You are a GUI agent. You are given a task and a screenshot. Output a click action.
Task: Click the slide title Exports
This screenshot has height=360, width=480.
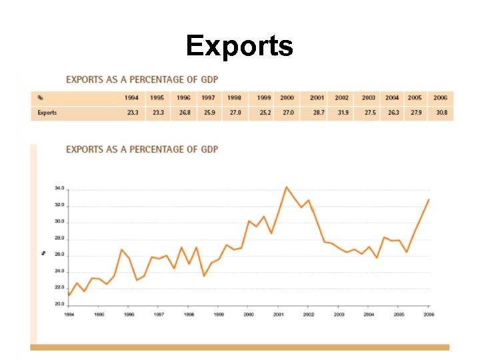click(x=239, y=46)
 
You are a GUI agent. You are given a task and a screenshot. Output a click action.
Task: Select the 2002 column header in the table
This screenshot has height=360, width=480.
click(x=342, y=98)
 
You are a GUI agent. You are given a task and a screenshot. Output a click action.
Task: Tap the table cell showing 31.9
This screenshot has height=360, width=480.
click(x=343, y=113)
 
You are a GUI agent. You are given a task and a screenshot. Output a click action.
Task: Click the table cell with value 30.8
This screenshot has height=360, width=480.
click(x=441, y=113)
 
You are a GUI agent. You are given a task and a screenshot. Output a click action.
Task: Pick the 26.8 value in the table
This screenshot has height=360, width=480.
click(x=184, y=113)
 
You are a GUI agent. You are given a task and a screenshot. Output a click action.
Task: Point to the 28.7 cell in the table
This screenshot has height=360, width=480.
click(x=318, y=113)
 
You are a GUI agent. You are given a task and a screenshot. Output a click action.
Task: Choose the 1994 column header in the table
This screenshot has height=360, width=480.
click(x=132, y=98)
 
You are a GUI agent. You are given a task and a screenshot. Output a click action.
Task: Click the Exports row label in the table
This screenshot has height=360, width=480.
click(x=47, y=113)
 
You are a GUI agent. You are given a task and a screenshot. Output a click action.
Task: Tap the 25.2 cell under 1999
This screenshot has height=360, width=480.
click(x=265, y=113)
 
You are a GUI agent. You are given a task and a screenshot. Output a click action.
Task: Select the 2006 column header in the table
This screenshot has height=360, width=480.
click(x=440, y=98)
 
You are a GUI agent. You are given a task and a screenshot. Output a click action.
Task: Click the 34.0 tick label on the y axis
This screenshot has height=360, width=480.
click(x=60, y=189)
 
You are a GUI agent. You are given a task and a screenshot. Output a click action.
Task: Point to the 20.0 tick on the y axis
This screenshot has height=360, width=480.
click(x=60, y=304)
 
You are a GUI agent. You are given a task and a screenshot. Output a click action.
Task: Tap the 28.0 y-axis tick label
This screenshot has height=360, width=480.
click(x=60, y=238)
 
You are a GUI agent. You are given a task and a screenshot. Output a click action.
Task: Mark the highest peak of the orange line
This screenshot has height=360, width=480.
click(x=286, y=187)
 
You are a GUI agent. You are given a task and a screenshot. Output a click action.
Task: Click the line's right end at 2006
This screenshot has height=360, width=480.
click(x=429, y=199)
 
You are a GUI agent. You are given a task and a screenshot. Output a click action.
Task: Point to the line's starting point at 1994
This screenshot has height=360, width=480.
click(x=69, y=295)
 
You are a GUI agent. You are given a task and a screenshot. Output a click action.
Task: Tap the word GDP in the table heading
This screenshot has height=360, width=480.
click(x=208, y=79)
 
